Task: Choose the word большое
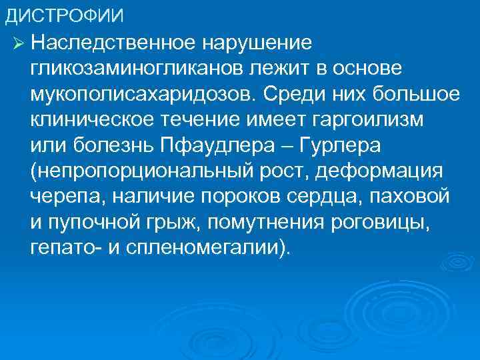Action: pyautogui.click(x=419, y=94)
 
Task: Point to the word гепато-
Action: pyautogui.click(x=63, y=249)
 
